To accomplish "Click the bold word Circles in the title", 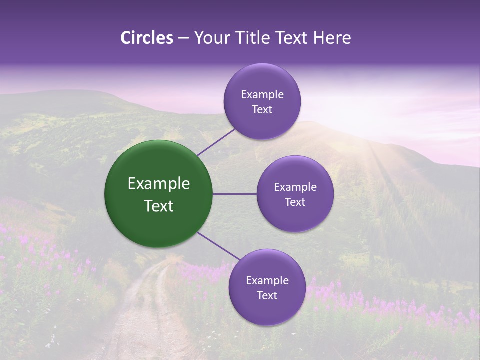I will (146, 38).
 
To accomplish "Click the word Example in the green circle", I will (159, 184).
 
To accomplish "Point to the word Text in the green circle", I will (159, 206).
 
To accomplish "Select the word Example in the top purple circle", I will (262, 95).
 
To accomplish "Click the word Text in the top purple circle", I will (262, 110).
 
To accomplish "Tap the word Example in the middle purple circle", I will (295, 187).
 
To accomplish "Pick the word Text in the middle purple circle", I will (295, 202).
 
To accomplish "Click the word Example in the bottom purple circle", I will (267, 281).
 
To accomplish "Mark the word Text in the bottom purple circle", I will (267, 296).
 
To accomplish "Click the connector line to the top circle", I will (216, 141).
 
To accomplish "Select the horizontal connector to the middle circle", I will (234, 194).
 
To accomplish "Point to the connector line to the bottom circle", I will (218, 246).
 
